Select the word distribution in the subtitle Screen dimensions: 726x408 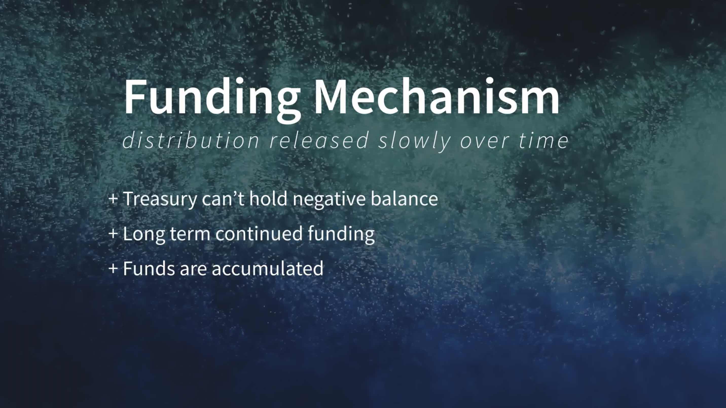(x=191, y=140)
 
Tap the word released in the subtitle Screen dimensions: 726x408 (x=319, y=140)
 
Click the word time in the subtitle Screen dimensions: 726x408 (x=544, y=141)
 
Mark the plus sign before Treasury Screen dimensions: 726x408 (x=113, y=198)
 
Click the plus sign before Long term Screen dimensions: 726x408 (x=113, y=233)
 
